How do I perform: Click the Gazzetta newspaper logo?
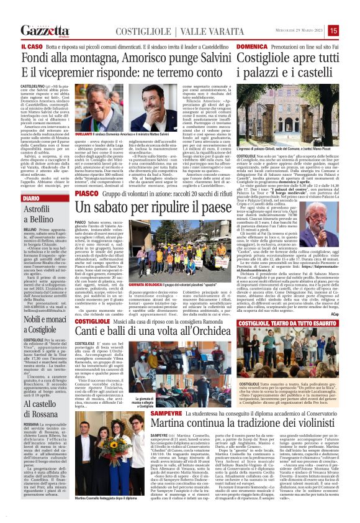45,30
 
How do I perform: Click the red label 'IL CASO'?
32,47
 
